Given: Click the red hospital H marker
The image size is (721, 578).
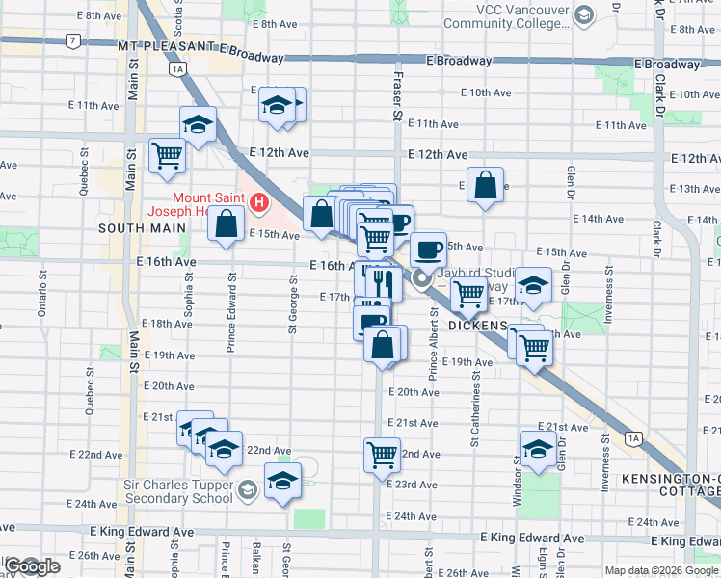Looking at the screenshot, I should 258,203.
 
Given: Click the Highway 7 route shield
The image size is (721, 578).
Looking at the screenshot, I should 73,41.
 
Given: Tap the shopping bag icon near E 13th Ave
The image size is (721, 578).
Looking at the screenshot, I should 486,185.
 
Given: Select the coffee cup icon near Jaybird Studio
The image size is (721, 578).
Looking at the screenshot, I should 428,250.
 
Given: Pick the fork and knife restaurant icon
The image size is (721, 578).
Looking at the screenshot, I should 386,282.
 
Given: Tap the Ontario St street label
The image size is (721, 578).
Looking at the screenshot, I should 42,293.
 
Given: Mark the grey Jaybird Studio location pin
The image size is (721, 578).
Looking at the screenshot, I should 421,280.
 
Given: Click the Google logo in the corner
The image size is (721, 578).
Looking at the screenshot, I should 32,566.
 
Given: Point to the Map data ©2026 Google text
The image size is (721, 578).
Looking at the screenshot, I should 661,570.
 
